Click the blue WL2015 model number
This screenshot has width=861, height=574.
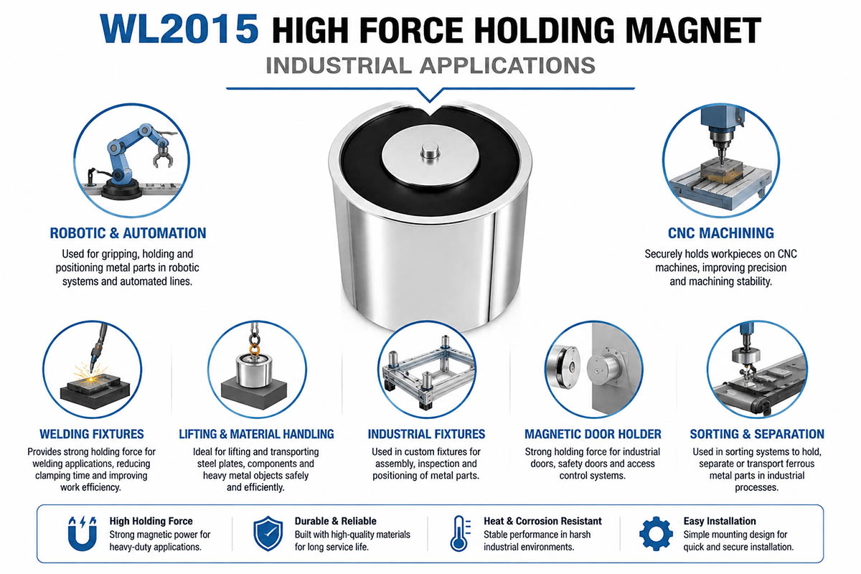click(179, 29)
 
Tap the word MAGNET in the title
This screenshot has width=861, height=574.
click(693, 30)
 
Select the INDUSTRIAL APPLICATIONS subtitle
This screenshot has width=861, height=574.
click(430, 65)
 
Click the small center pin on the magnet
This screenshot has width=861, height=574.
click(430, 151)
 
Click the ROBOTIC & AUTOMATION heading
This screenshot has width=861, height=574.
click(128, 233)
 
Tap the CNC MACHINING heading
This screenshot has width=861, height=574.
click(721, 233)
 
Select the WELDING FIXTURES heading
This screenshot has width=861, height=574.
click(92, 434)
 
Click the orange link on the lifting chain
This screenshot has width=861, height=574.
click(255, 349)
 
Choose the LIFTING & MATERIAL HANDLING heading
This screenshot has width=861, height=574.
click(256, 434)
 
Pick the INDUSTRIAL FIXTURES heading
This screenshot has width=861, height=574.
click(426, 434)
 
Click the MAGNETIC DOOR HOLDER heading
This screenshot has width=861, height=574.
click(593, 434)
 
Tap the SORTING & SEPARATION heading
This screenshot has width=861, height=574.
click(757, 434)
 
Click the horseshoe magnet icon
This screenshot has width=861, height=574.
click(83, 534)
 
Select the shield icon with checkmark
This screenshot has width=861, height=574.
click(268, 534)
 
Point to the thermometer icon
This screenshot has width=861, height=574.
click(460, 534)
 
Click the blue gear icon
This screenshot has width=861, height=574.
click(656, 534)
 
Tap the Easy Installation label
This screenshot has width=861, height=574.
click(720, 521)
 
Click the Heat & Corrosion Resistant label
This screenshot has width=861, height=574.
click(542, 521)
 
